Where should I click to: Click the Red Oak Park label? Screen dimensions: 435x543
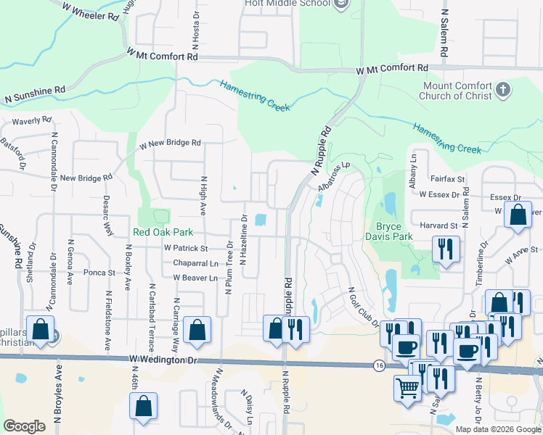point(163,233)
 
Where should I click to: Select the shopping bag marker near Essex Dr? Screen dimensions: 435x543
point(518,216)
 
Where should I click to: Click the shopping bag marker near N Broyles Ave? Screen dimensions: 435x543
point(41,329)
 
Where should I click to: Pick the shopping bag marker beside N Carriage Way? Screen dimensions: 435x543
point(197,330)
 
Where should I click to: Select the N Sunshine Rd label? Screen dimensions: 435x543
point(35,94)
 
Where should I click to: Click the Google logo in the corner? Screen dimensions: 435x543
point(24,426)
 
